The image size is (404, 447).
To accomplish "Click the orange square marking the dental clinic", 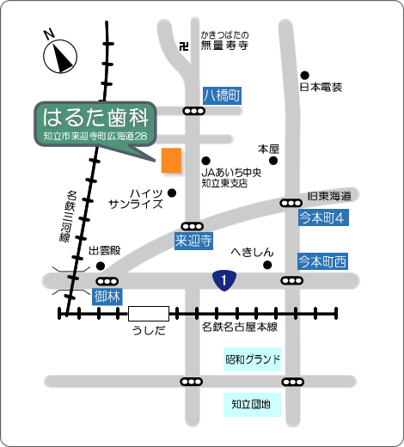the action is [x=171, y=161].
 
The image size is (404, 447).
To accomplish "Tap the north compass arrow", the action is [x=60, y=56].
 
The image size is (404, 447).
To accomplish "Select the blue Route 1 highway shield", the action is [x=224, y=280].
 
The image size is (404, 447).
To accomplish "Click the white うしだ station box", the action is [x=149, y=314].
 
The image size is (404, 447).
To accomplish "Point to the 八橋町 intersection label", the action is [x=222, y=95].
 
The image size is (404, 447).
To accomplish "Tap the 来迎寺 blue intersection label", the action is [x=193, y=241].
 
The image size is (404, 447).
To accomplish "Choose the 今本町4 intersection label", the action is [x=323, y=217].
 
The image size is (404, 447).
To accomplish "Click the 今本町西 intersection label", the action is [x=323, y=261].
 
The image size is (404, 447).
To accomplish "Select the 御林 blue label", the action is [x=107, y=297].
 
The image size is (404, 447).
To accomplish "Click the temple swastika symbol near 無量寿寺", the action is [x=184, y=46].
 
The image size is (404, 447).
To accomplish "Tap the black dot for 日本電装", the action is [x=304, y=76].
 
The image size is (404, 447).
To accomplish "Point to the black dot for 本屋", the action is [x=273, y=161].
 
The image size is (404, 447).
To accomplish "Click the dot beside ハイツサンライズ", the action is [x=172, y=193].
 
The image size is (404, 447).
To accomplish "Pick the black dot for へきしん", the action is [x=267, y=265].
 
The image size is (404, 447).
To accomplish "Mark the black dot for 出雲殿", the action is [x=101, y=266].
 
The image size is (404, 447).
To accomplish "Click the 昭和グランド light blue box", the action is [x=252, y=359].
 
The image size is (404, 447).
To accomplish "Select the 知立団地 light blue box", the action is [x=252, y=405].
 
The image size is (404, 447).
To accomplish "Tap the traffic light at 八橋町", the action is [x=194, y=111].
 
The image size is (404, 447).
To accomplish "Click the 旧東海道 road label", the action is [x=329, y=196].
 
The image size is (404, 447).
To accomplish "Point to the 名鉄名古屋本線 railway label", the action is [x=240, y=327].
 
